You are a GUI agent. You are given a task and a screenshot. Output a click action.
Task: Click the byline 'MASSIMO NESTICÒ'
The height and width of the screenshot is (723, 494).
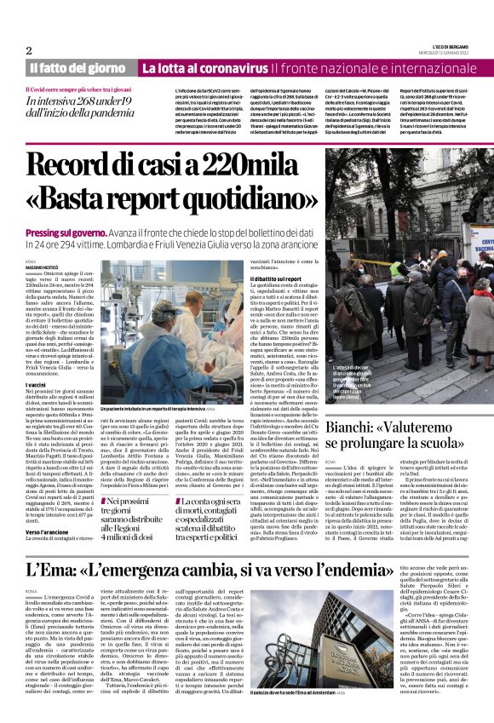[46, 269]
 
